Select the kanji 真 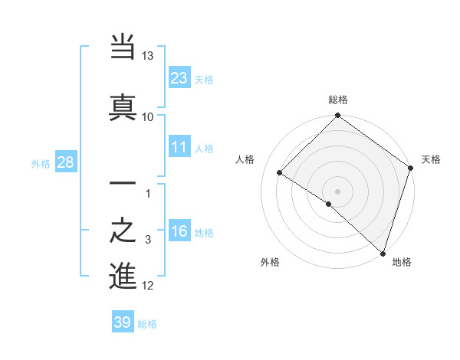point(123,106)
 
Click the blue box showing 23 point(179,77)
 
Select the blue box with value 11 point(179,147)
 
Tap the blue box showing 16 point(179,231)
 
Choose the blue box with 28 point(65,162)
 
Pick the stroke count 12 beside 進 point(148,286)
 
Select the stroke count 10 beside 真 point(148,116)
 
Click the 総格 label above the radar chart point(338,100)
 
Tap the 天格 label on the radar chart point(431,159)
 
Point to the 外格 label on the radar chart point(270,262)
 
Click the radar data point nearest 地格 point(383,252)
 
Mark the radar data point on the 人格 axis point(280,173)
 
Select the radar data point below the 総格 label point(338,116)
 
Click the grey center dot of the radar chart point(338,191)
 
